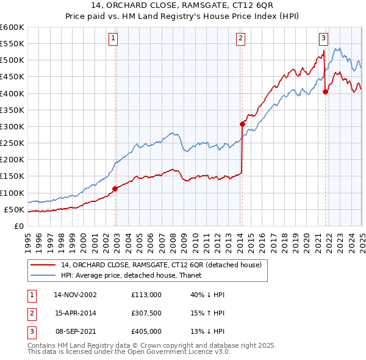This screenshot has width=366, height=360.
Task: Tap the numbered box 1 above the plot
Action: point(114,38)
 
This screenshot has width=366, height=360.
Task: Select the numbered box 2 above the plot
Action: point(241,38)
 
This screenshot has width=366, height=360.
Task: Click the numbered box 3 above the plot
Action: point(323,38)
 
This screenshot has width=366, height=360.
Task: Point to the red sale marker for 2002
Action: point(115,189)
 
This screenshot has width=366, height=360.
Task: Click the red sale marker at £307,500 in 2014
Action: point(242,124)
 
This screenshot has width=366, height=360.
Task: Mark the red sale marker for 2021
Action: point(326,92)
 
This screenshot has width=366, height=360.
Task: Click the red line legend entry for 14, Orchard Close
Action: point(161,264)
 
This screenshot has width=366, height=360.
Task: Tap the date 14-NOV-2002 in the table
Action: point(75,295)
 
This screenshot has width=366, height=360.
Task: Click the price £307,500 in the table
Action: point(146,313)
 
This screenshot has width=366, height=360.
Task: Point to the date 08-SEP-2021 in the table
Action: point(75,331)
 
